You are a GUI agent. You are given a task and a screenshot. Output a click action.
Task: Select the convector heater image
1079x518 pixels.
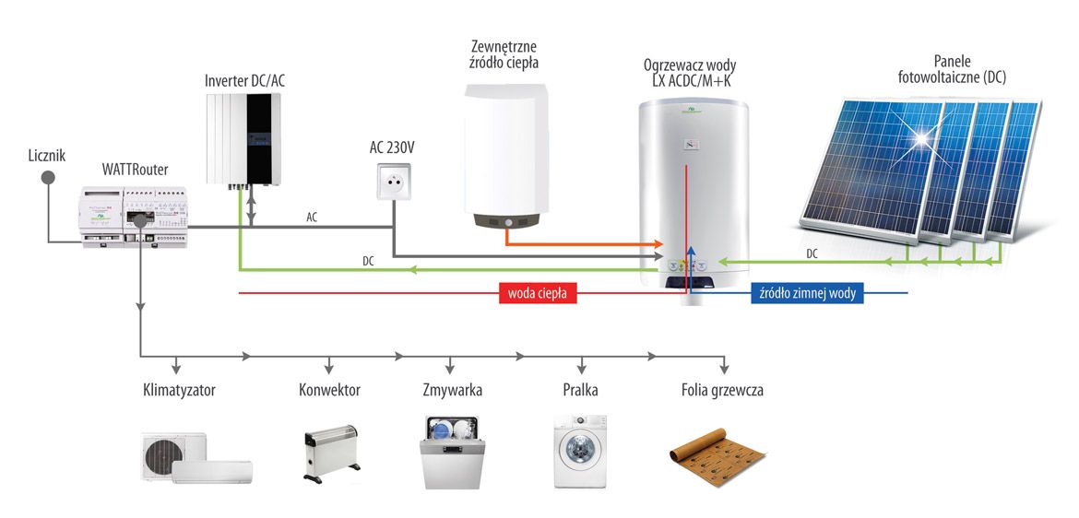(x=330, y=453)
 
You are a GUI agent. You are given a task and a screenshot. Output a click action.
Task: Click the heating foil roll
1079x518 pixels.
(x=716, y=453)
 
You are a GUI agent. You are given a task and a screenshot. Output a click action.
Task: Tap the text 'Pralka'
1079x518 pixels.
(x=581, y=390)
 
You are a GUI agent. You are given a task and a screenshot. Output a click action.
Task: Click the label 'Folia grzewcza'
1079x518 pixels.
(x=717, y=390)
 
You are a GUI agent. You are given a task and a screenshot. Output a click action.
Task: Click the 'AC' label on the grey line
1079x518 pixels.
(x=312, y=218)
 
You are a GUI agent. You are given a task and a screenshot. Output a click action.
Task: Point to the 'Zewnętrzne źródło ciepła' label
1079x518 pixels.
(x=504, y=54)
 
